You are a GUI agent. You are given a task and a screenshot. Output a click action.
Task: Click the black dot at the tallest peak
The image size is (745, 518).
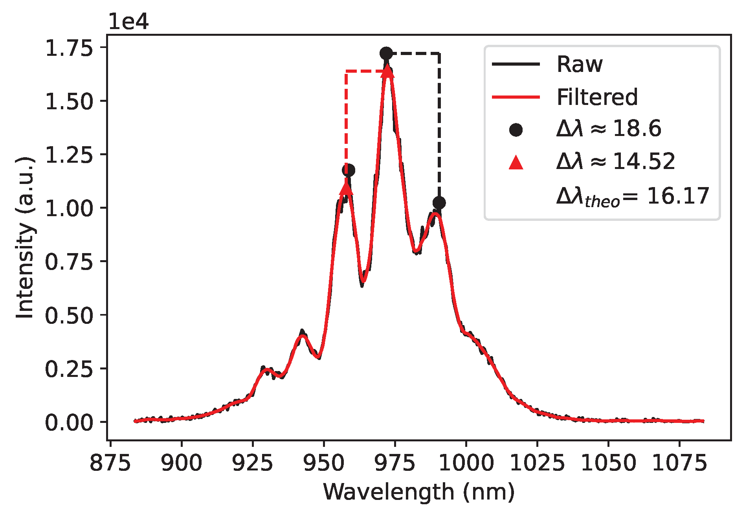[386, 53]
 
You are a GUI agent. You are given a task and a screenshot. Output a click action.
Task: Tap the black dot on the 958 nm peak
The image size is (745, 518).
[349, 170]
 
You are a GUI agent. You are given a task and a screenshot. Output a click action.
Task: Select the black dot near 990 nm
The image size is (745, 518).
[439, 203]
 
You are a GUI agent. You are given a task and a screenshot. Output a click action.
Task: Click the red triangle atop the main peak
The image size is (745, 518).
[387, 72]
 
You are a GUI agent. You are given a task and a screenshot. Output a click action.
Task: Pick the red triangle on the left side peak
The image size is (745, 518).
[346, 188]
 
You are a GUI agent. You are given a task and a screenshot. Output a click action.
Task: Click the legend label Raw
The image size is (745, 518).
[579, 64]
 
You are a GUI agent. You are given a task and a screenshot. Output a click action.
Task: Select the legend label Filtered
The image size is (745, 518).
[597, 97]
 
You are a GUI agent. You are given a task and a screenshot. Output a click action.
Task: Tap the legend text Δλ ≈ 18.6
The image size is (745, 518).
[609, 129]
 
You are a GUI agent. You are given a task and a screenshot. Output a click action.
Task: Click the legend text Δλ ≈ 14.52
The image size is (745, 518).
[615, 162]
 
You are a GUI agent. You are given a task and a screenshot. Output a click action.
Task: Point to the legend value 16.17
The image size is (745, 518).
[678, 196]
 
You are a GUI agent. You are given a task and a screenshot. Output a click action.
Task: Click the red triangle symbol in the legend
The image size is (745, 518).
[516, 163]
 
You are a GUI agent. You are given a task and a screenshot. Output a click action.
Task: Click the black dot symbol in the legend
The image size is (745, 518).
[516, 130]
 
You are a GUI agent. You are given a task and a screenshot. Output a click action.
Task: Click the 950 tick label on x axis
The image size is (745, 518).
[324, 463]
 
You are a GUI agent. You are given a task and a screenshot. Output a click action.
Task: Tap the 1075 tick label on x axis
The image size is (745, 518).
[679, 463]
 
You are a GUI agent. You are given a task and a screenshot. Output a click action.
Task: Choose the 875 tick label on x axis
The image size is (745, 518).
[110, 463]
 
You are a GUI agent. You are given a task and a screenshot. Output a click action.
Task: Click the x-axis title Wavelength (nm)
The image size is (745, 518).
[418, 492]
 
